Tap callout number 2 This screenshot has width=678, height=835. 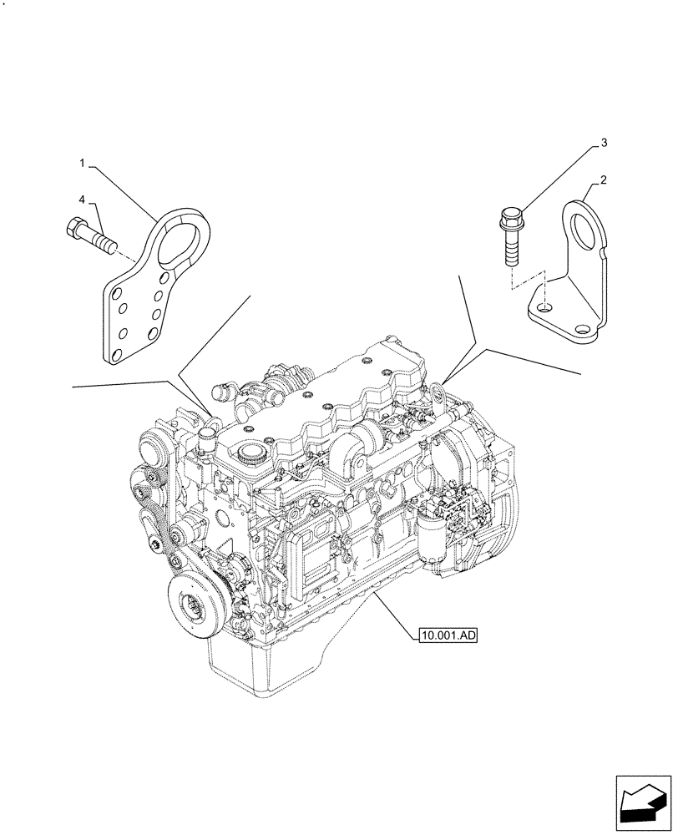603,180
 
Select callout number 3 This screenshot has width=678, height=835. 603,144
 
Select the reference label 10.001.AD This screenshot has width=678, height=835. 448,636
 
